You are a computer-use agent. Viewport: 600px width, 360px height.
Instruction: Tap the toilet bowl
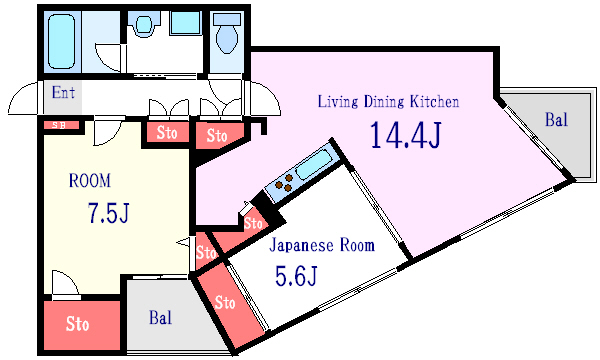[227, 36]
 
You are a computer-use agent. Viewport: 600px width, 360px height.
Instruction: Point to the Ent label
[63, 93]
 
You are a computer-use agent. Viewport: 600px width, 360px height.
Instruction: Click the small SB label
[58, 125]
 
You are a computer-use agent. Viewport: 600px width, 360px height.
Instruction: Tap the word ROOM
[89, 181]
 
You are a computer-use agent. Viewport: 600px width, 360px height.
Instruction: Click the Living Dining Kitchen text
[388, 101]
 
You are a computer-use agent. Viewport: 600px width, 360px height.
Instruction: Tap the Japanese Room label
[323, 245]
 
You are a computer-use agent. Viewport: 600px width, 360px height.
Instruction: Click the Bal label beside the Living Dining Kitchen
[556, 120]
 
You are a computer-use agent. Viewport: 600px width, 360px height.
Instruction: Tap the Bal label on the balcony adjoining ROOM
[160, 318]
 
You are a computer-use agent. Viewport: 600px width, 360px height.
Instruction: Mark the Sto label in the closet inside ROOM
[78, 324]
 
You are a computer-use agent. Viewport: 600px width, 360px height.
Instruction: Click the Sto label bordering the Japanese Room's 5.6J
[225, 301]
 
